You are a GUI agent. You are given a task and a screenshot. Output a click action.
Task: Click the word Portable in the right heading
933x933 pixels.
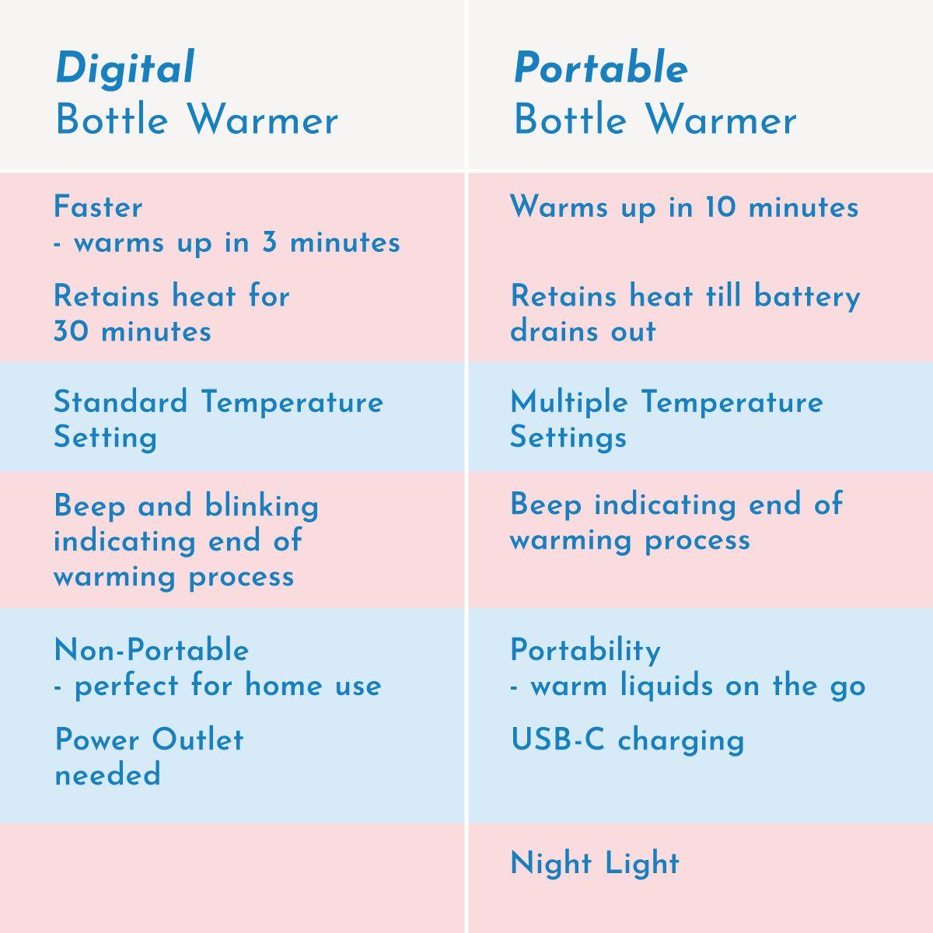[x=601, y=68]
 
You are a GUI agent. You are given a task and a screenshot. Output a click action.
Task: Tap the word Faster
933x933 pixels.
[x=98, y=208]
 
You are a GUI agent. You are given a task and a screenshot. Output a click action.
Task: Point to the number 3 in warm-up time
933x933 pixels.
[x=269, y=242]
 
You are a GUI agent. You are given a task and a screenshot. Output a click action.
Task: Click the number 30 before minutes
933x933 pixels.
[x=72, y=331]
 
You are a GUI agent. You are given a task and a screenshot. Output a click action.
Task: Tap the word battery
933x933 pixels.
[x=807, y=297]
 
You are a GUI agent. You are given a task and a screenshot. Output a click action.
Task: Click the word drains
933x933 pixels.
[x=555, y=331]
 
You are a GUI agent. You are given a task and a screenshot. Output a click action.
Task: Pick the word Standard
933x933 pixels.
[x=121, y=402]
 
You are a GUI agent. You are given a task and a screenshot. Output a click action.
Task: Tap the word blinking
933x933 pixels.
[x=261, y=507]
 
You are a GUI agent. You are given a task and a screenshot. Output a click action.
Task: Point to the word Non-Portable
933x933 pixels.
[x=152, y=650]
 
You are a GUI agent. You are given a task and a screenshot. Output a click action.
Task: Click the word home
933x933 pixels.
[x=283, y=685]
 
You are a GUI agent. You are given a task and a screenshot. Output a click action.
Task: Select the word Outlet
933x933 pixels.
[x=197, y=739]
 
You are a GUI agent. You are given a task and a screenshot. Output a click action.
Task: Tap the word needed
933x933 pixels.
[x=107, y=774]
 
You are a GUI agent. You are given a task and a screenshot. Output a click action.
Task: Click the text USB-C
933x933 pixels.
[x=557, y=739]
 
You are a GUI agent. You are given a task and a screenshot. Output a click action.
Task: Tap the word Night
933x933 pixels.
[x=551, y=864]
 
